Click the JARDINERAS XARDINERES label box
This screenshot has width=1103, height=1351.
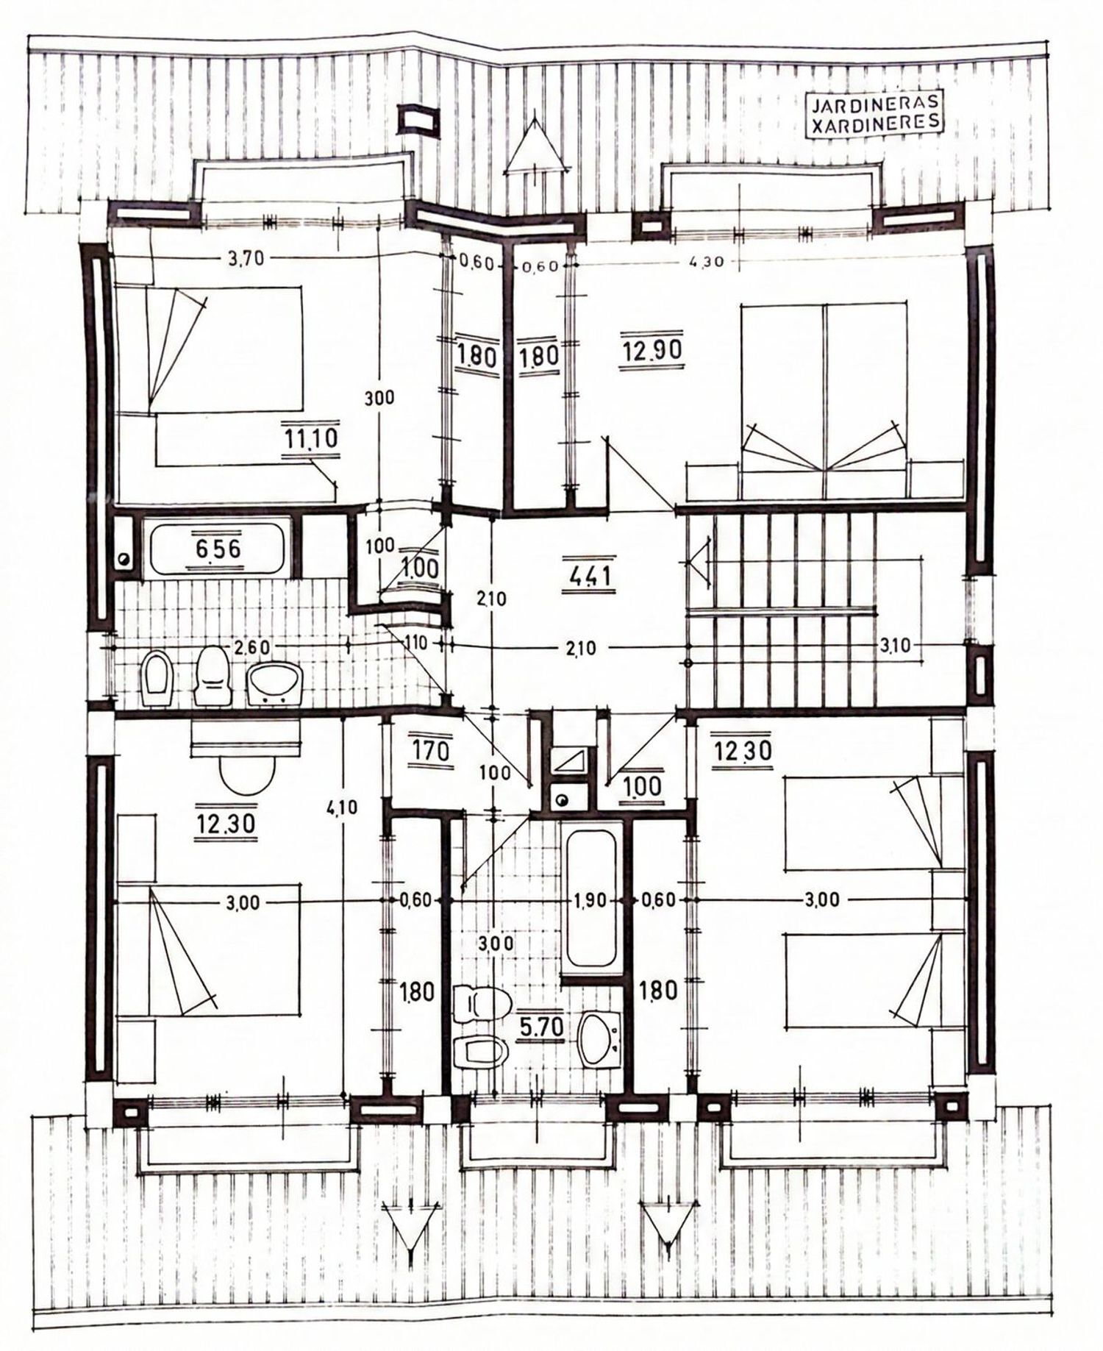(873, 114)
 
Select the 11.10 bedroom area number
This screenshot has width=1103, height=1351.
(310, 439)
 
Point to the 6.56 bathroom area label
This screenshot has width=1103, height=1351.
(218, 549)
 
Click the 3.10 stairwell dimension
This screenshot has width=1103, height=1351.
(896, 646)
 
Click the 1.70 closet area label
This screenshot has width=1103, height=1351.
(424, 752)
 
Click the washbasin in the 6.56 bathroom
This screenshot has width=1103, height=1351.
(274, 682)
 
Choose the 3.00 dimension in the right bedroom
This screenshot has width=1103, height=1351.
(822, 900)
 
